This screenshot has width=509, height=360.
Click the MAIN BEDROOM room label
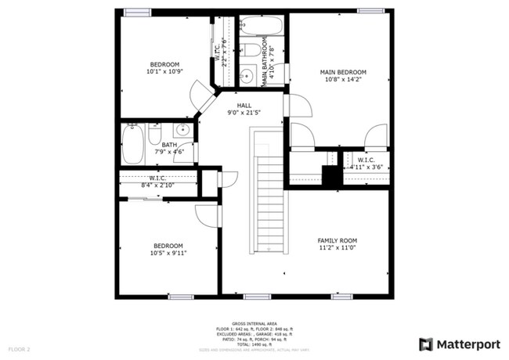[x=343, y=72]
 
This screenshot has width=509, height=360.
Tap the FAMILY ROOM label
[x=337, y=240]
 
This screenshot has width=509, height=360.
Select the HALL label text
[x=244, y=104]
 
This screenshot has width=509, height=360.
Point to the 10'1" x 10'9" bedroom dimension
[x=164, y=72]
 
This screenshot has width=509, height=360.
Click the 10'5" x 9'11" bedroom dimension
[x=168, y=253]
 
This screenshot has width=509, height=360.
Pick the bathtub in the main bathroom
[x=263, y=27]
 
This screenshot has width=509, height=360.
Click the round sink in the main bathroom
[x=246, y=77]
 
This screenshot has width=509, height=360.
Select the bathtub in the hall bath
[x=132, y=145]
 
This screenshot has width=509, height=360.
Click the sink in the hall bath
[x=182, y=131]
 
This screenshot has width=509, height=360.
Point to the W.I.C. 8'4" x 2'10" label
[x=157, y=182]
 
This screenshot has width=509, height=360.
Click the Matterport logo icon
[x=425, y=343]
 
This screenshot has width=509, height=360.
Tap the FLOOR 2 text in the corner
[x=19, y=348]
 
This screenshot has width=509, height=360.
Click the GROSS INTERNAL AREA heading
[x=254, y=322]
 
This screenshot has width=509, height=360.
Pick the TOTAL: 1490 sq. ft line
[x=254, y=344]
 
